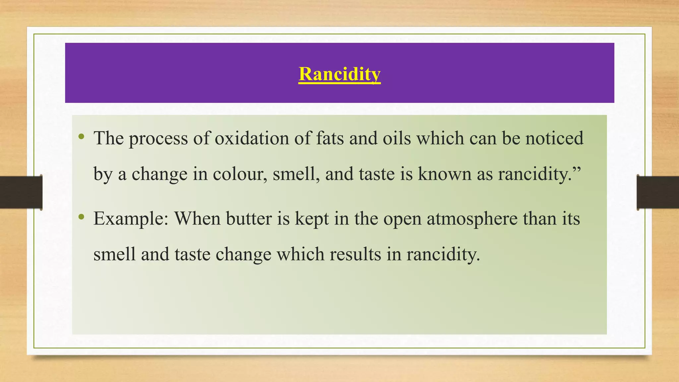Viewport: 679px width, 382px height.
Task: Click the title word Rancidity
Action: (339, 74)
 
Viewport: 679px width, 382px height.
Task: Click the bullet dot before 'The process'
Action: (81, 137)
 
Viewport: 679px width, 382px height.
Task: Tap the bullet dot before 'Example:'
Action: (81, 217)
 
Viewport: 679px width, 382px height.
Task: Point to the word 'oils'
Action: (397, 138)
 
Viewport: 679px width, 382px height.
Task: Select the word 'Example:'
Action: (131, 219)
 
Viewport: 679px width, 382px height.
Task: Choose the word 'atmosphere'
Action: (472, 219)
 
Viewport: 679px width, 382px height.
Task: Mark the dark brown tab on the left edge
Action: (21, 192)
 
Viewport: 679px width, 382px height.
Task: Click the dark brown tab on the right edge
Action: (658, 192)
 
